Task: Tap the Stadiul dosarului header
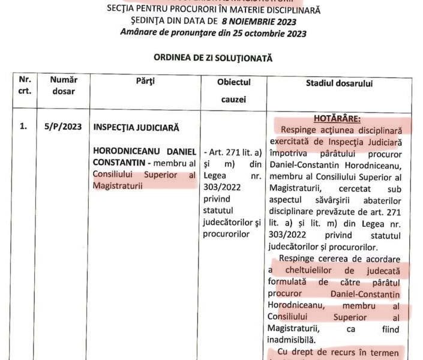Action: coord(339,83)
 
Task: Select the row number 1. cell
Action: coord(23,127)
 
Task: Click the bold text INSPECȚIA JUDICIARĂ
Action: coord(136,127)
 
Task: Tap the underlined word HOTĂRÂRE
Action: coord(341,118)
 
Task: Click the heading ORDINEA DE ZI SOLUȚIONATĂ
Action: coord(213,59)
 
